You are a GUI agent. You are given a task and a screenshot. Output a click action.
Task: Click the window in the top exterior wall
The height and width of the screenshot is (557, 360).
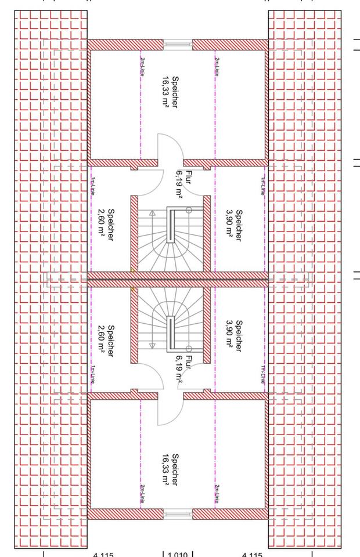click(178, 45)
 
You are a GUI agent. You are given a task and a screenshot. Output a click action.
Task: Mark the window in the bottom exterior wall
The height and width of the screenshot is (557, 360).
click(178, 513)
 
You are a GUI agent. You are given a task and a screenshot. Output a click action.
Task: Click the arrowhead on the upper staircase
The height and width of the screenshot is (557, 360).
click(153, 213)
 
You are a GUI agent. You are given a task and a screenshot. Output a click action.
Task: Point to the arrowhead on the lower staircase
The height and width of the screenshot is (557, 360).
click(153, 346)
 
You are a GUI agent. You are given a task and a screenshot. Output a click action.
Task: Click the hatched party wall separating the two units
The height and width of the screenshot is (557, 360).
click(178, 279)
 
